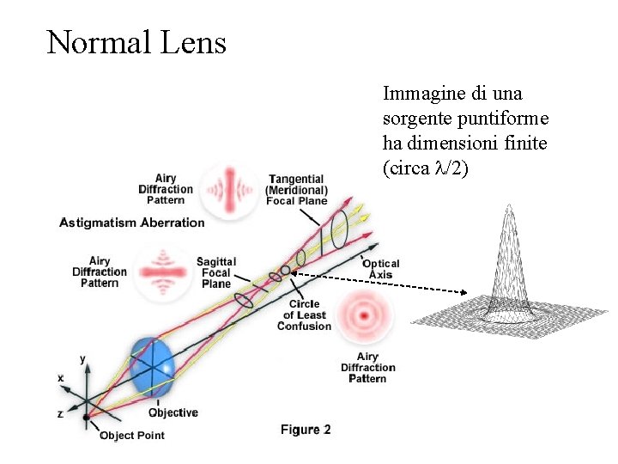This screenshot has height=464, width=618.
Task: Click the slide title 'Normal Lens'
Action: pyautogui.click(x=136, y=41)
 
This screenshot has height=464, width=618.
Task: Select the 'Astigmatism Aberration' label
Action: pyautogui.click(x=131, y=223)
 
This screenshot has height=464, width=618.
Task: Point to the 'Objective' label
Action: pyautogui.click(x=173, y=412)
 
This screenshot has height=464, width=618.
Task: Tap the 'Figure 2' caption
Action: pyautogui.click(x=306, y=430)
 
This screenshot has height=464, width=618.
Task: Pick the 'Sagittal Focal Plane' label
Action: pyautogui.click(x=215, y=272)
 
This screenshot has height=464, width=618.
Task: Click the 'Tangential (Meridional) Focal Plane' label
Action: pyautogui.click(x=296, y=189)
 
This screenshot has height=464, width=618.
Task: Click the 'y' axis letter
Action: pyautogui.click(x=82, y=358)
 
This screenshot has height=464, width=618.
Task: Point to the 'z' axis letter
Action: pyautogui.click(x=59, y=413)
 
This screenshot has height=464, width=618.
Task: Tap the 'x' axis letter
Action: pyautogui.click(x=60, y=378)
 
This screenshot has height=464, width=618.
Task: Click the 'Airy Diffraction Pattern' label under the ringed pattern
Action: pyautogui.click(x=367, y=368)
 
